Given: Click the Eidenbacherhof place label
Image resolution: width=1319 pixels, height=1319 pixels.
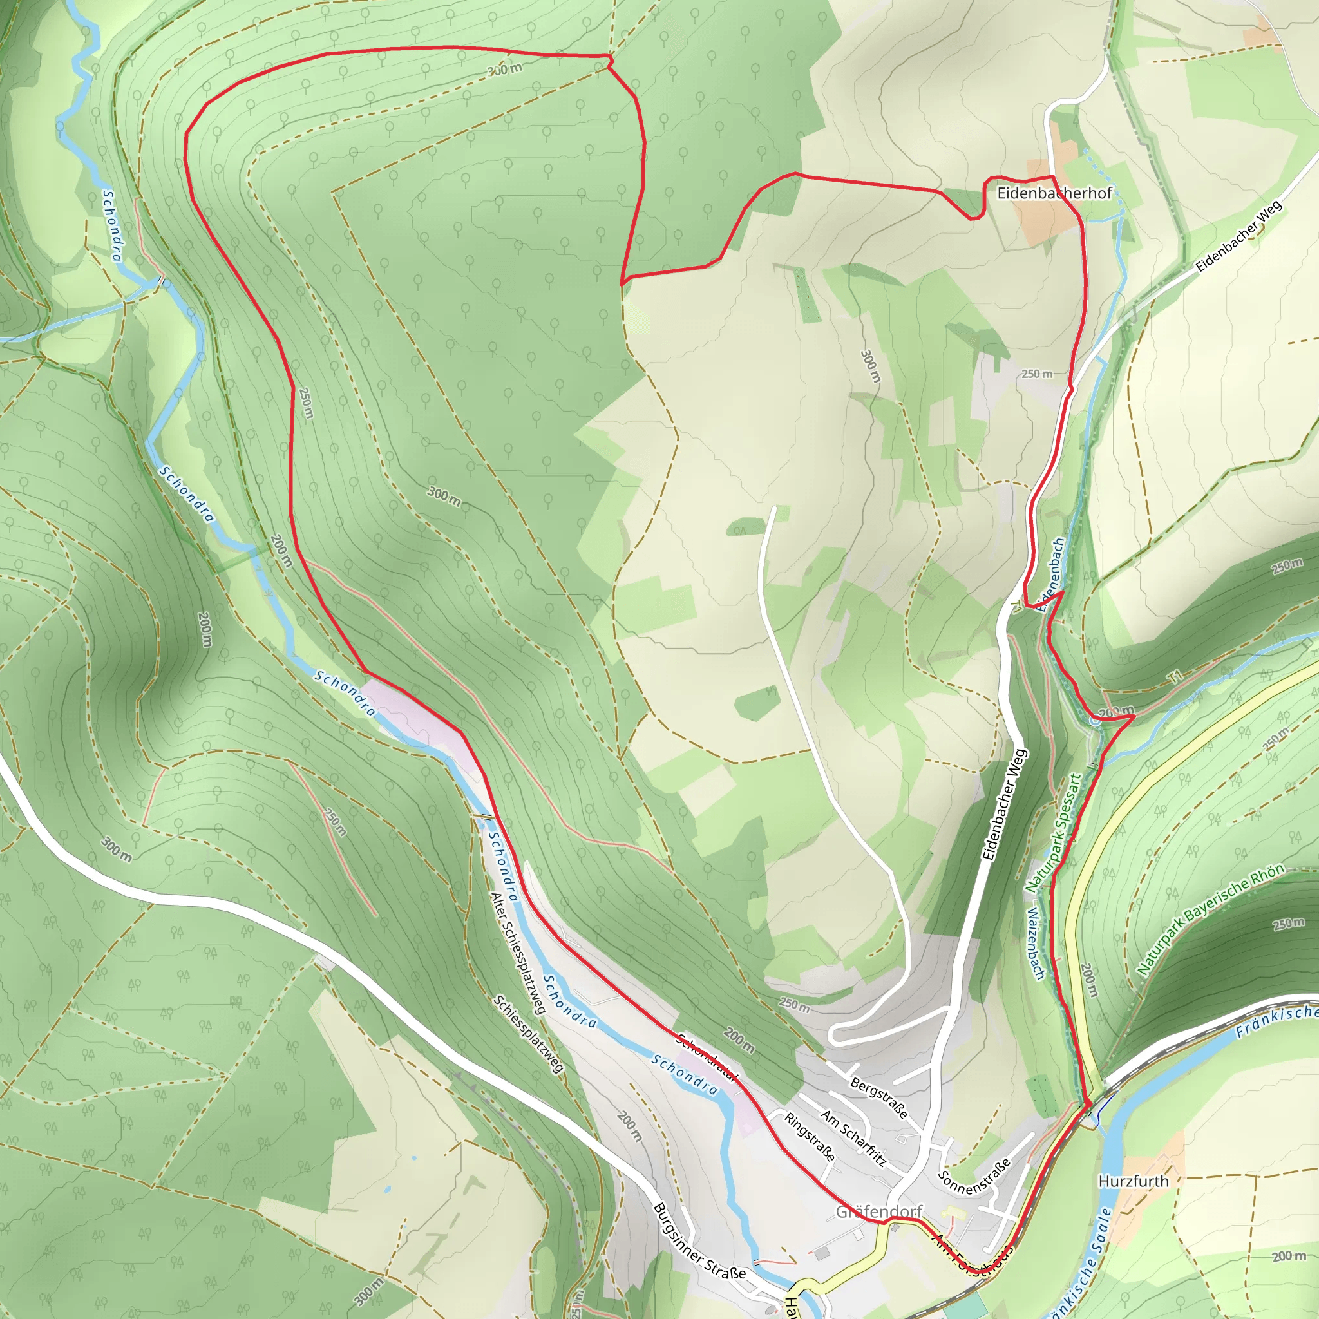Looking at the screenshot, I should coord(1054,193).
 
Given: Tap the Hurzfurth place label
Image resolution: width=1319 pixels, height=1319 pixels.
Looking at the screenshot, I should coord(1134,1181).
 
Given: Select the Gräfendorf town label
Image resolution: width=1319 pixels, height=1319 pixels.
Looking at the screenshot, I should coord(879,1212).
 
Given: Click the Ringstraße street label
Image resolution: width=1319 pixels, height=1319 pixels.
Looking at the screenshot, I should coord(809,1137).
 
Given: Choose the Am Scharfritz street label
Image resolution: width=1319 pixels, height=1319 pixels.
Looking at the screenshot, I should coord(853,1138).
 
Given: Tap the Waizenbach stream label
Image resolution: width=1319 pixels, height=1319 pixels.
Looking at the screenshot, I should coord(1036,944).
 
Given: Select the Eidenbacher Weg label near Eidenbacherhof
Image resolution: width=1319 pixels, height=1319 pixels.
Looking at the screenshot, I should coord(1238,236).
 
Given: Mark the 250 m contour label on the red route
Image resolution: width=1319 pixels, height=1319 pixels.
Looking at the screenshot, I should coord(306,403).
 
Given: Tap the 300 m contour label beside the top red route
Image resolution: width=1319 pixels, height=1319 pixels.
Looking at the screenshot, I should coord(504,69).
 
